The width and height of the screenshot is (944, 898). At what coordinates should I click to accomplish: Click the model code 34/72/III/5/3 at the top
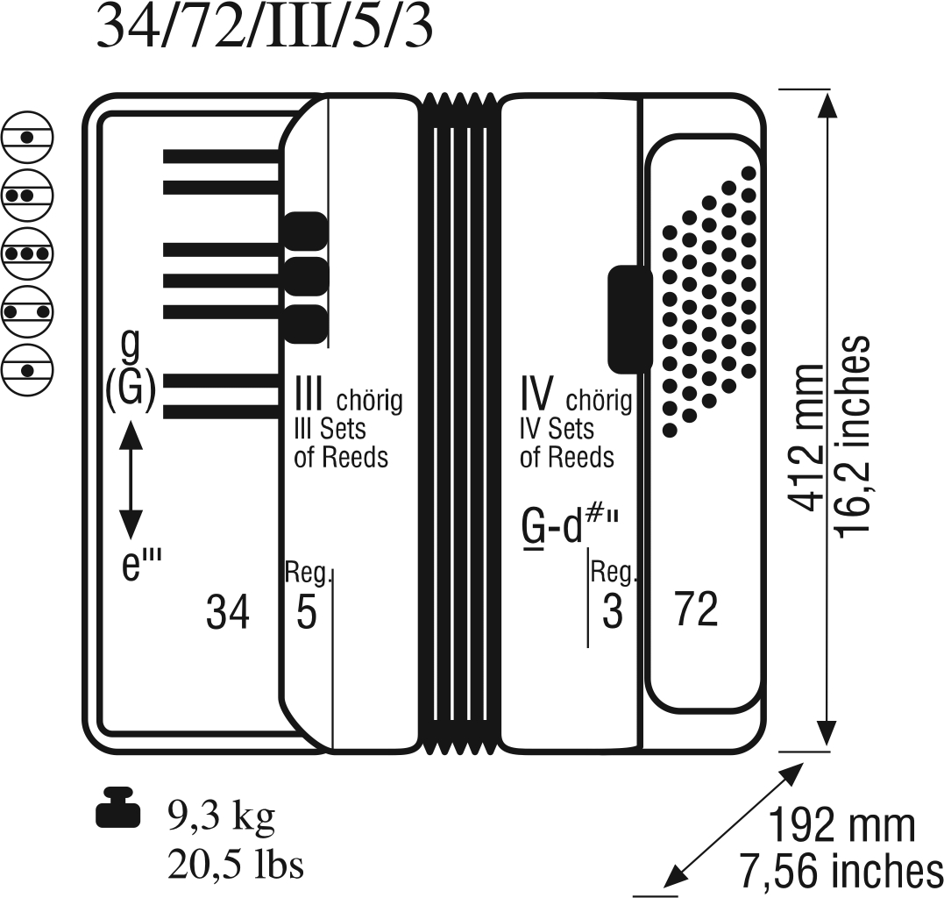[265, 28]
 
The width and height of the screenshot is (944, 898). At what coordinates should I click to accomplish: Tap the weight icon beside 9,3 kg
[118, 808]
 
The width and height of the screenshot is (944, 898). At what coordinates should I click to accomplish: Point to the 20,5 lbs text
[236, 866]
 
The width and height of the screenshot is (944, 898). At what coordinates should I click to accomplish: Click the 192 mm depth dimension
[842, 826]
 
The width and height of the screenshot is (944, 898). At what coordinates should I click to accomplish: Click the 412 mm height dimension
[806, 438]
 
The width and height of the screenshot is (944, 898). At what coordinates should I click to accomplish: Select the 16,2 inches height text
[852, 433]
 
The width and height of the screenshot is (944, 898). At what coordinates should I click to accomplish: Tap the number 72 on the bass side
[697, 609]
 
